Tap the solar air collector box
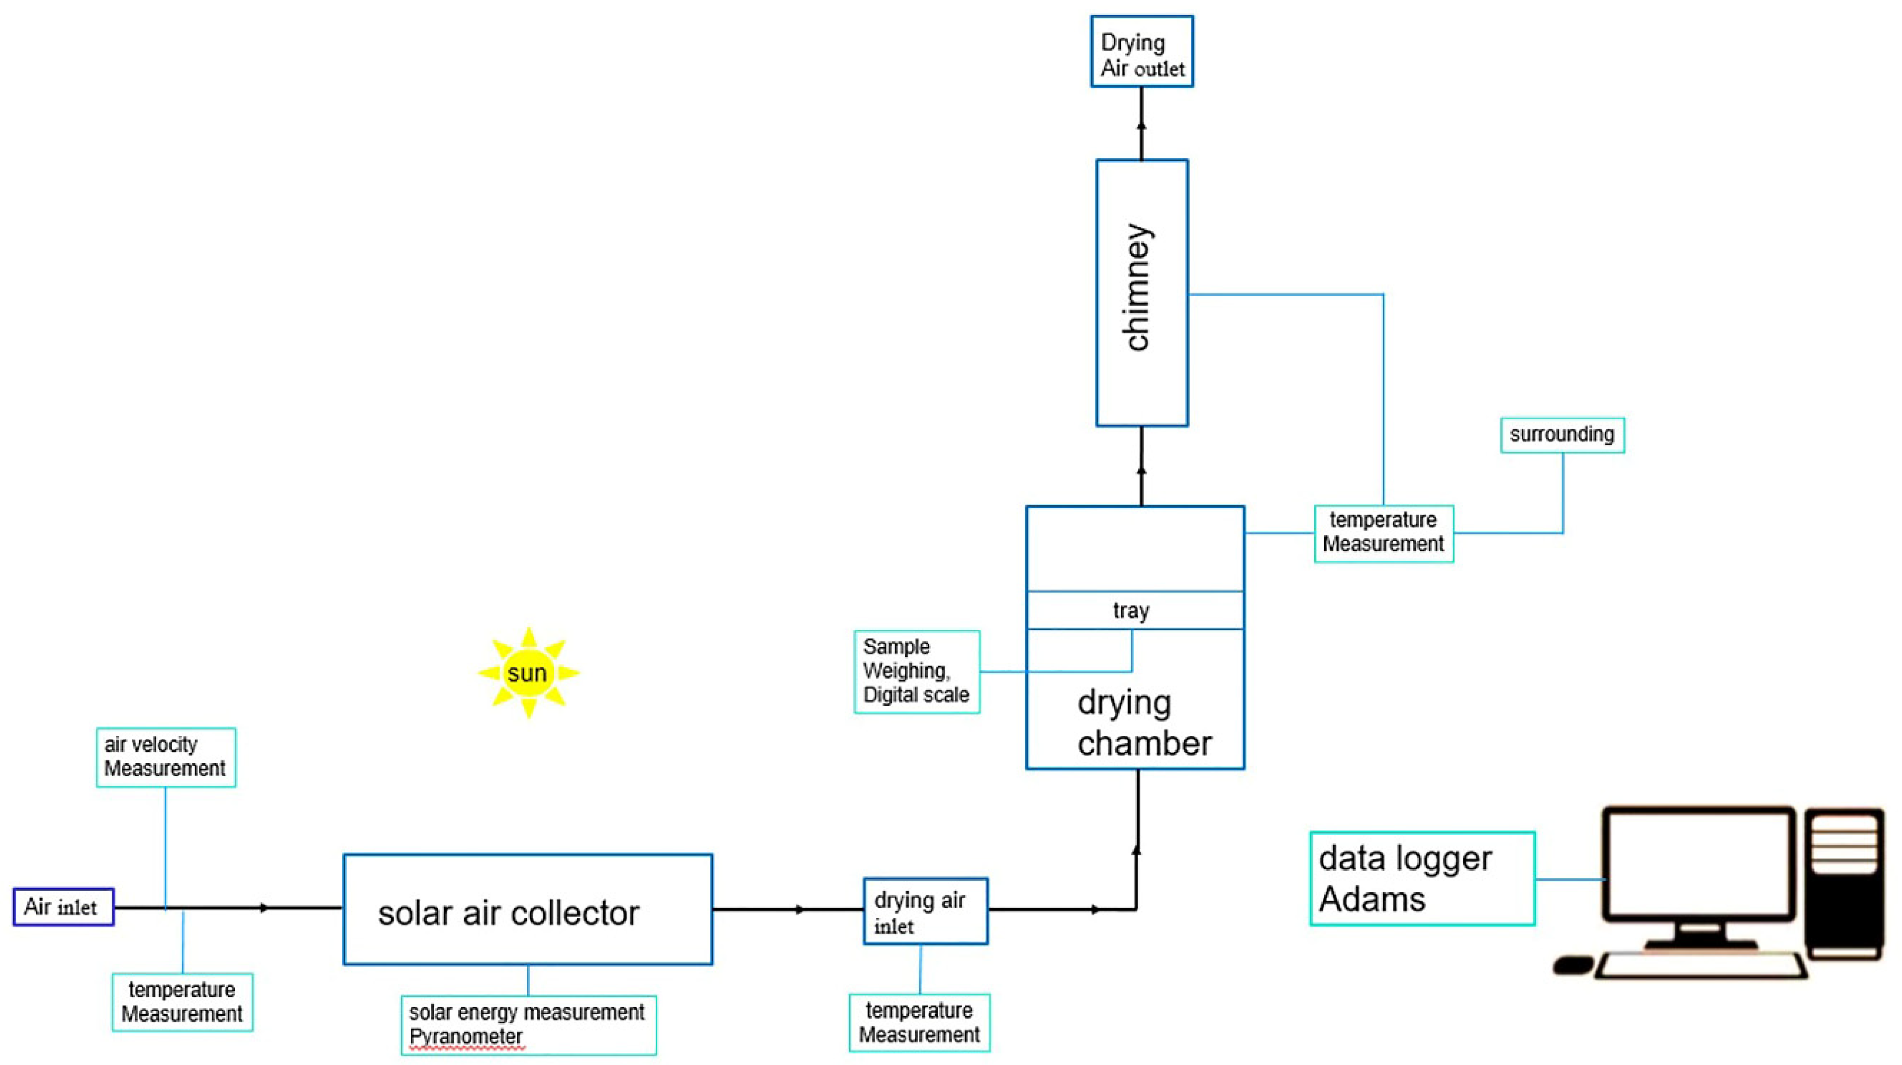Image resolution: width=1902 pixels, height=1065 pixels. click(x=527, y=910)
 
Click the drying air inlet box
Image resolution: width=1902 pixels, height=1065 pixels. click(x=925, y=911)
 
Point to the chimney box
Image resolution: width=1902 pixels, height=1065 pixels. click(x=1142, y=293)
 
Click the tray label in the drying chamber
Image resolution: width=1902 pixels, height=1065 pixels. click(x=1131, y=611)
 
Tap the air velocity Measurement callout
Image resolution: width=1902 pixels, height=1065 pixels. click(x=165, y=757)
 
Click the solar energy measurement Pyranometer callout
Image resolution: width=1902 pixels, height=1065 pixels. click(x=528, y=1024)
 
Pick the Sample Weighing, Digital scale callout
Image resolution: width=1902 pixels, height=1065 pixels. click(x=916, y=671)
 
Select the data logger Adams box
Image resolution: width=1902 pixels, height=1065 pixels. click(x=1421, y=878)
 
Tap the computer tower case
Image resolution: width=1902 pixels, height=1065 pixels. click(x=1844, y=883)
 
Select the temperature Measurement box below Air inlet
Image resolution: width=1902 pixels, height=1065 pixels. click(x=182, y=1002)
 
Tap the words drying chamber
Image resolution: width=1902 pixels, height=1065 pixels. click(x=1143, y=723)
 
